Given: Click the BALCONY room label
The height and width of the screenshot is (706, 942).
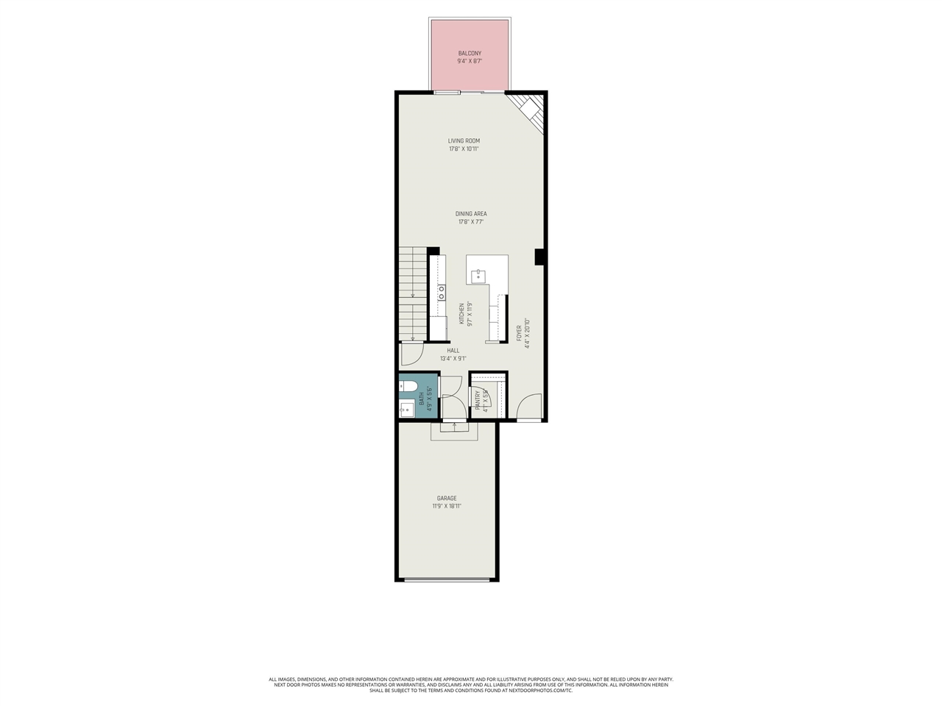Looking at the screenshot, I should pyautogui.click(x=470, y=54).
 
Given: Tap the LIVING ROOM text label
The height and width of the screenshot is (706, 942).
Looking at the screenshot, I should pyautogui.click(x=464, y=140).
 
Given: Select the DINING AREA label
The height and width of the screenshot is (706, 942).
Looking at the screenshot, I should pyautogui.click(x=471, y=214).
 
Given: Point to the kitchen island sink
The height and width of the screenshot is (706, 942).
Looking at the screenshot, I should pyautogui.click(x=478, y=277).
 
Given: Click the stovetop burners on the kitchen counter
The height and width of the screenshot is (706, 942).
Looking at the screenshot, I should pyautogui.click(x=442, y=292).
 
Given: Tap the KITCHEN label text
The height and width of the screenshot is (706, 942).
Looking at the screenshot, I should pyautogui.click(x=462, y=314).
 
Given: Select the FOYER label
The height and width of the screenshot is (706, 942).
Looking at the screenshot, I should pyautogui.click(x=519, y=332).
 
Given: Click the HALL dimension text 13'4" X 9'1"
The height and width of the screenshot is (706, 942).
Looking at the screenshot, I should pyautogui.click(x=453, y=359).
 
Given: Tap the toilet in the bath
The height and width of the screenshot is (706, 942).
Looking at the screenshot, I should pyautogui.click(x=409, y=387).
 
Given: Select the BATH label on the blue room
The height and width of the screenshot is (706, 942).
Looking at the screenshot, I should pyautogui.click(x=422, y=398).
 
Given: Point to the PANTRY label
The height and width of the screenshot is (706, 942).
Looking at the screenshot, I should pyautogui.click(x=478, y=399).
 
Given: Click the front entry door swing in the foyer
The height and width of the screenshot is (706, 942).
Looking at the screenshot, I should pyautogui.click(x=529, y=407).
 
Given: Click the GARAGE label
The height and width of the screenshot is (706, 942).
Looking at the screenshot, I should pyautogui.click(x=447, y=498).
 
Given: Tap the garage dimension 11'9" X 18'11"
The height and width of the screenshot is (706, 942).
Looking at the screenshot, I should pyautogui.click(x=447, y=506).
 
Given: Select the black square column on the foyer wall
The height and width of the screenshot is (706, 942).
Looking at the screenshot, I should pyautogui.click(x=539, y=257).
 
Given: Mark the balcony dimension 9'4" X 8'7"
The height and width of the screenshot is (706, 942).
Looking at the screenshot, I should pyautogui.click(x=470, y=62).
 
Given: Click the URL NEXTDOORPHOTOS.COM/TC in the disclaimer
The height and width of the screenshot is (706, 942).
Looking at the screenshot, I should pyautogui.click(x=541, y=691).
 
